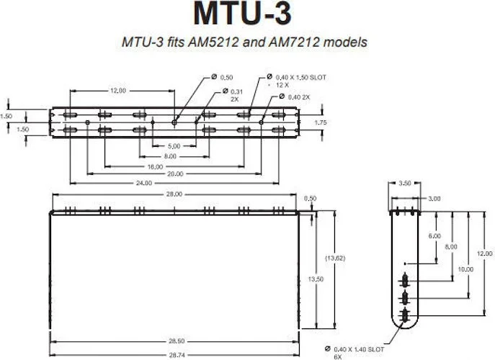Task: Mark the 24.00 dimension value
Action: tap(144, 183)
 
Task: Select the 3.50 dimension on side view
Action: tap(406, 184)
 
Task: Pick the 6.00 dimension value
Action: tap(434, 236)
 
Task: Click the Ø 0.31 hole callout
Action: tap(234, 95)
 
